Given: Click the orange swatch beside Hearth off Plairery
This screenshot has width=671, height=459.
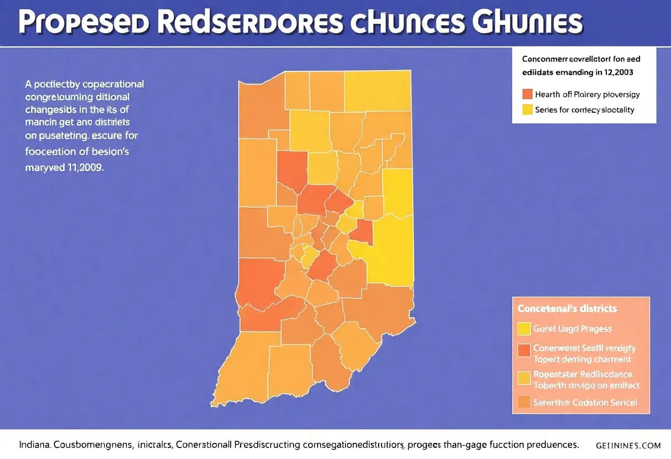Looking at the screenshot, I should pos(526,94).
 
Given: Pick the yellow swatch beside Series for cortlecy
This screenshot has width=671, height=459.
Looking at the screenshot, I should pos(526,109).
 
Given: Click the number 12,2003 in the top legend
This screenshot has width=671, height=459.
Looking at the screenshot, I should pos(617,72).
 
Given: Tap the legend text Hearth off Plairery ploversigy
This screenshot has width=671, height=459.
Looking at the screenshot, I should pos(587,94).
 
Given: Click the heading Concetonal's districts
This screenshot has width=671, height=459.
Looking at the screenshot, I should pos(567,308).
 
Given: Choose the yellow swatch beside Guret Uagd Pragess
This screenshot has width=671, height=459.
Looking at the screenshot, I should pos(524,329).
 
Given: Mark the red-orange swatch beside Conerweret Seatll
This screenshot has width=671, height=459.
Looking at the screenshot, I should pos(524,350).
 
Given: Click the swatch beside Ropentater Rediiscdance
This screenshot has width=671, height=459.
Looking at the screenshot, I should pos(524,378).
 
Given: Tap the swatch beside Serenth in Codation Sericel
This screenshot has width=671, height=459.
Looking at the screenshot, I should pos(524,403).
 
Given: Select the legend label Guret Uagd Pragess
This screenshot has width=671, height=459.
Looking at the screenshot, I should pos(572,329).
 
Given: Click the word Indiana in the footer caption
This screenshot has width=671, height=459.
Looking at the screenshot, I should pos(34,444).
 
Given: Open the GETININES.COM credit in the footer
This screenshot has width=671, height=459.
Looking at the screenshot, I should pos(629,445).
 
